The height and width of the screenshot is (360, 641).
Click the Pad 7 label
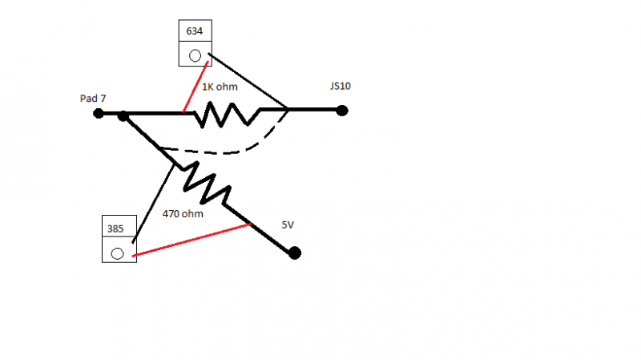tap(93, 98)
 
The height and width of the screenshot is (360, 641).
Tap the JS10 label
tap(340, 86)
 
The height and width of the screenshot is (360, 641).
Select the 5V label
tap(288, 225)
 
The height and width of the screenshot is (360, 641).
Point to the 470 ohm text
tap(183, 214)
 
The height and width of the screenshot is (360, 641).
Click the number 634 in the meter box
tap(194, 32)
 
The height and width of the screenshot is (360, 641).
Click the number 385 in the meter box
tap(117, 228)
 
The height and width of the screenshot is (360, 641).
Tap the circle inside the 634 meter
tap(194, 55)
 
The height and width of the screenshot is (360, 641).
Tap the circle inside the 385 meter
tap(117, 253)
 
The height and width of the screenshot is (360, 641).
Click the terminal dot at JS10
tap(342, 111)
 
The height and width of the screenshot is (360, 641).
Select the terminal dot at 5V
tap(295, 253)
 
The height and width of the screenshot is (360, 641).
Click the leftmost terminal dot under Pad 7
tap(99, 113)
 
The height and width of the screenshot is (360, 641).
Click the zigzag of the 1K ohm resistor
tap(228, 115)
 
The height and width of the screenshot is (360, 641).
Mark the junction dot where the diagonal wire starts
tap(123, 117)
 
